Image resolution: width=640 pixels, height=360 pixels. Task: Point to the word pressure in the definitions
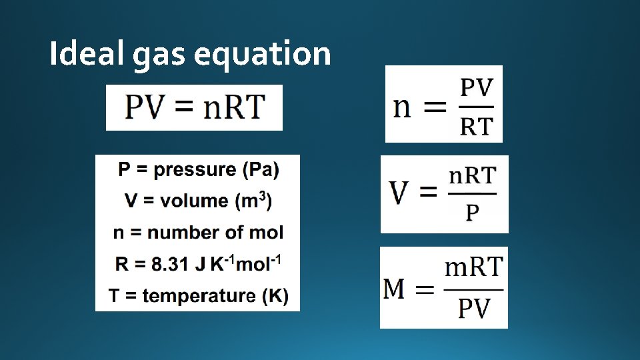(195, 170)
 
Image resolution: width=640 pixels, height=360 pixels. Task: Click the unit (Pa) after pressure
(261, 170)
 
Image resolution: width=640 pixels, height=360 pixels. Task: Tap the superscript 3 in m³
(264, 195)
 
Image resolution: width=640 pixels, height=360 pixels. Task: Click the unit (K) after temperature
(275, 295)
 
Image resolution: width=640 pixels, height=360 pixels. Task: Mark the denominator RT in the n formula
(477, 125)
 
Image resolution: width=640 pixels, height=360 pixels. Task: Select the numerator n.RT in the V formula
(472, 177)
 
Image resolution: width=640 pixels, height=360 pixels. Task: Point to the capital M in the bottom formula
(395, 289)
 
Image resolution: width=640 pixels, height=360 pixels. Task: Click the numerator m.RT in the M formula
(473, 268)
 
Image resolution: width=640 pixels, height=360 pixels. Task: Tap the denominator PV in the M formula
(474, 309)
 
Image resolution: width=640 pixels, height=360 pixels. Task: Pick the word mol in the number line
(268, 233)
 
